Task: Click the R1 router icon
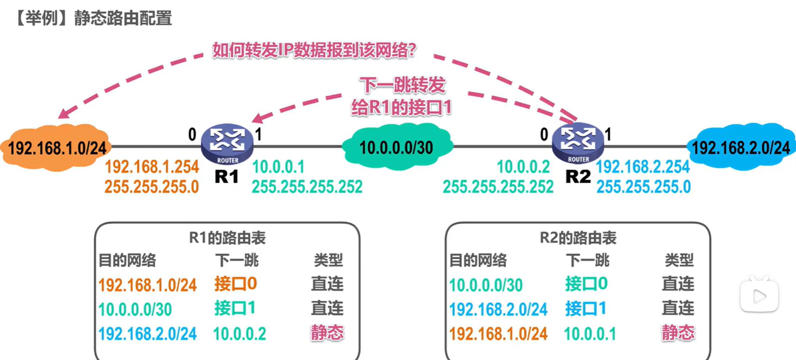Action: tap(227, 144)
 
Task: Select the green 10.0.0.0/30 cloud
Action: tap(396, 147)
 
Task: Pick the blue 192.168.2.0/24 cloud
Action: tap(740, 147)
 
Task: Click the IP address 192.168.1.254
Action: tap(152, 167)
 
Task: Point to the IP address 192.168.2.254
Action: tap(643, 167)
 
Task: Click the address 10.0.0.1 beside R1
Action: tap(278, 167)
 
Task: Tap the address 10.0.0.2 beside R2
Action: tap(523, 167)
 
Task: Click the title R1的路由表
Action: tap(227, 238)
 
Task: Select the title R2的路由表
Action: tap(578, 238)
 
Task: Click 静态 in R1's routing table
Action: tap(327, 333)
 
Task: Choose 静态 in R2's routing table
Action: tap(678, 333)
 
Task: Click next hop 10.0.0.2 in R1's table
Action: tap(240, 334)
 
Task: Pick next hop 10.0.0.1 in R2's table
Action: tap(590, 334)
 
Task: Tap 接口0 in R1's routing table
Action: tap(236, 284)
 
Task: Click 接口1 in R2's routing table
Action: tap(586, 309)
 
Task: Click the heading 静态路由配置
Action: tap(123, 18)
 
